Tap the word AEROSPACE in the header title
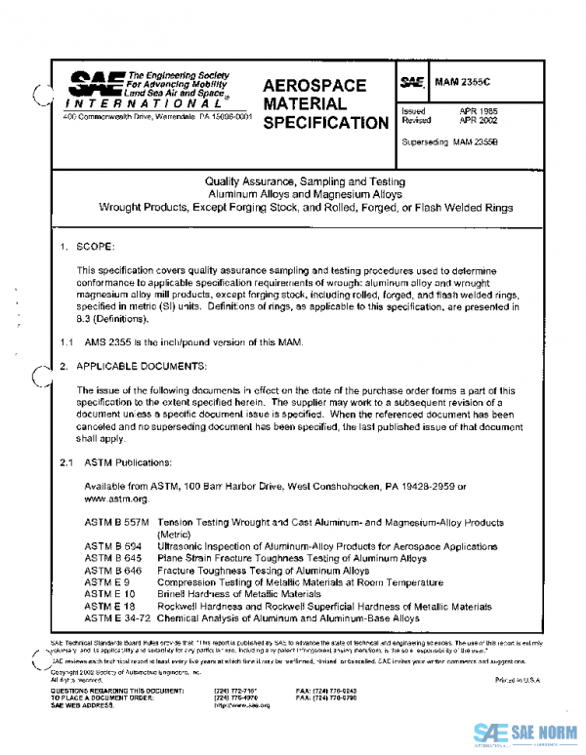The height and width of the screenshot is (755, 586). (x=314, y=86)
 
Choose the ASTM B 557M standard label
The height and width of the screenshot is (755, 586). (x=116, y=523)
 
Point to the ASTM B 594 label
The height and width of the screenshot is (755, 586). (x=113, y=546)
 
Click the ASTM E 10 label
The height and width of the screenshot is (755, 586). (x=109, y=593)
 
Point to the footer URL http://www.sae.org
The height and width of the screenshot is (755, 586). (x=241, y=704)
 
